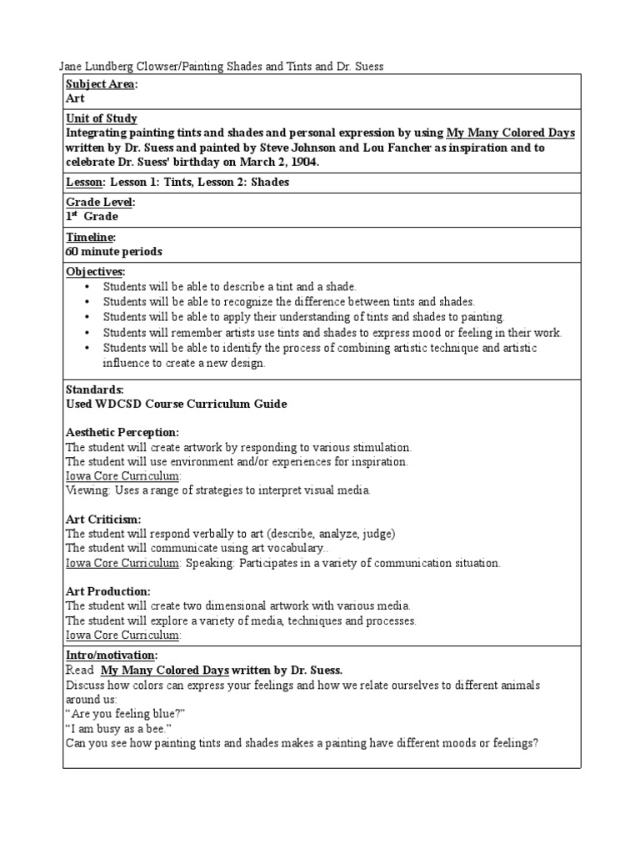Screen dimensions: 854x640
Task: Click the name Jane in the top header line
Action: pos(71,67)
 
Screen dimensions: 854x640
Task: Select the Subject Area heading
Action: pos(102,84)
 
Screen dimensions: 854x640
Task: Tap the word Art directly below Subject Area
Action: pos(75,98)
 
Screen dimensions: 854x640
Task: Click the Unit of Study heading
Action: pos(101,118)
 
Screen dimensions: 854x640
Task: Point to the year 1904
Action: pos(302,162)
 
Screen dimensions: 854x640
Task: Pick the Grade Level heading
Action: pos(99,203)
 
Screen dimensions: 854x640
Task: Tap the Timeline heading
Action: pos(90,238)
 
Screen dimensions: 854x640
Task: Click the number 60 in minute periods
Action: pos(72,251)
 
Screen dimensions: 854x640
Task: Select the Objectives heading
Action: pos(95,272)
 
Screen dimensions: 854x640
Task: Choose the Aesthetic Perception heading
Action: pos(122,432)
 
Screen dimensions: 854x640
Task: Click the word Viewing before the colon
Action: pos(87,490)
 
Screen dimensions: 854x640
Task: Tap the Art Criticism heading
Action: pos(102,519)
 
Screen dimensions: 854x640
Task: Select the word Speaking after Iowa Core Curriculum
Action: pos(209,563)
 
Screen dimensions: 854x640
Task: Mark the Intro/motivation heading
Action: pos(111,656)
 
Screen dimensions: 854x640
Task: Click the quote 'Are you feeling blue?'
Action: pos(125,713)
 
